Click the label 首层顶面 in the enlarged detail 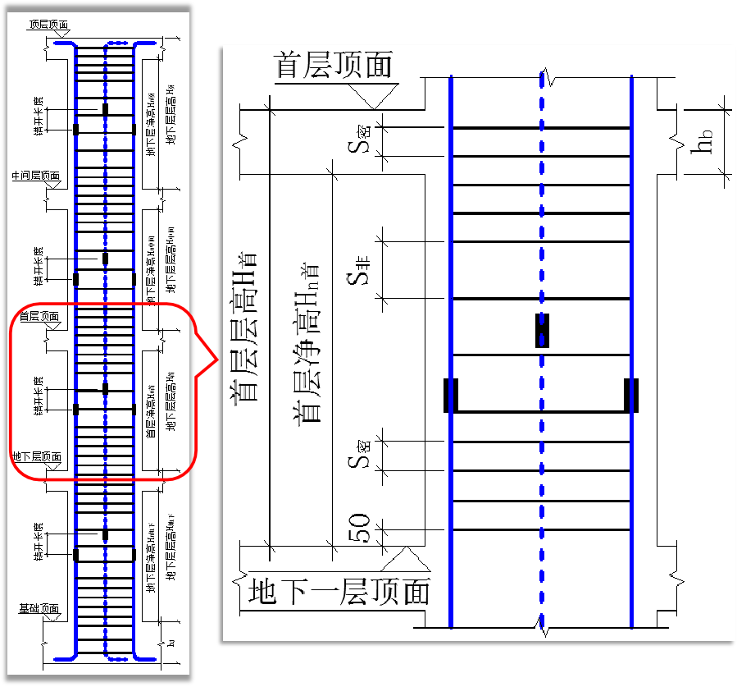click(x=334, y=65)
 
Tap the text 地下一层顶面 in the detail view click(x=339, y=591)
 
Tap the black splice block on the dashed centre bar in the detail click(x=542, y=330)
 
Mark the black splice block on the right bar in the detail click(x=631, y=395)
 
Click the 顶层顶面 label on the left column click(x=48, y=25)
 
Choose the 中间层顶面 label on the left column click(x=35, y=176)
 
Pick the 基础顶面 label click(x=39, y=609)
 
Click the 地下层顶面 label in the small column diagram click(x=36, y=456)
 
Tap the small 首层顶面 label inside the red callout click(x=39, y=316)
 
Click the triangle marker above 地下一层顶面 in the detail click(x=407, y=559)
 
